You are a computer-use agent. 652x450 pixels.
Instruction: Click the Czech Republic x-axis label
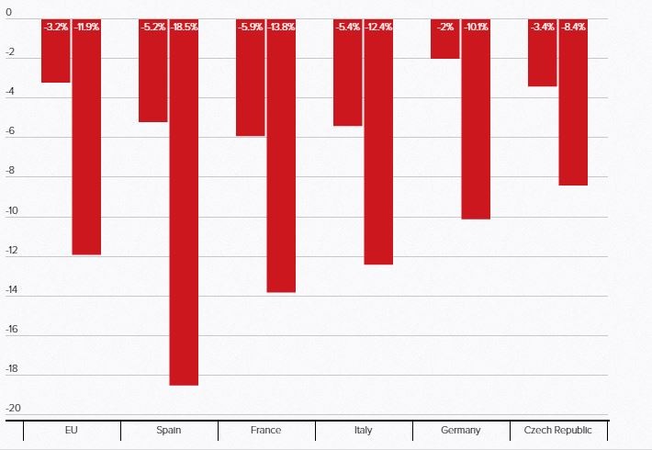click(557, 430)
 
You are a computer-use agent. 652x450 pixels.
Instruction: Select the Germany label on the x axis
click(460, 430)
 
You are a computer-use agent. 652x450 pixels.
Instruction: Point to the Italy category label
click(363, 430)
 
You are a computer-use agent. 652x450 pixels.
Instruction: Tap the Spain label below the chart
click(168, 430)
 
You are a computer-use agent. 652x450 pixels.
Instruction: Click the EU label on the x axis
click(71, 430)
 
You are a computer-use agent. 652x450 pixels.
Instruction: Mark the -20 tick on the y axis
click(14, 409)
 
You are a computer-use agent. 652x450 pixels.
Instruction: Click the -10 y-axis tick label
click(14, 211)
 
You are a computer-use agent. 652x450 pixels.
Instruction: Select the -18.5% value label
click(185, 28)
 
